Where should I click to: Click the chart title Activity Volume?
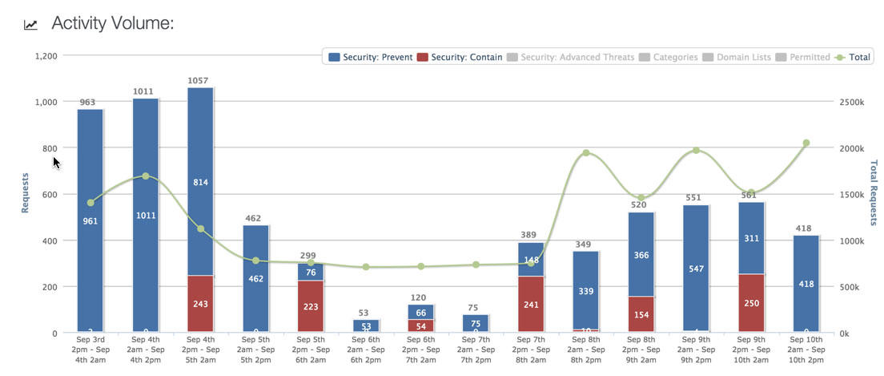click(112, 23)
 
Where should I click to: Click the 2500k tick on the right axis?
click(853, 103)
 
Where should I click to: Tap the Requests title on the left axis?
click(25, 192)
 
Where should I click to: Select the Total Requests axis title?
click(873, 192)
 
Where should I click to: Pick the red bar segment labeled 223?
click(310, 306)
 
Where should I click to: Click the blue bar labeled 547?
click(696, 269)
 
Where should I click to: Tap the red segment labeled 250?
click(751, 303)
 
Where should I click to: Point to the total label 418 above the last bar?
click(804, 228)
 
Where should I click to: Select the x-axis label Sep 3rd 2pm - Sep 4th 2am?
click(90, 350)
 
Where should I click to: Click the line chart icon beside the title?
click(31, 25)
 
